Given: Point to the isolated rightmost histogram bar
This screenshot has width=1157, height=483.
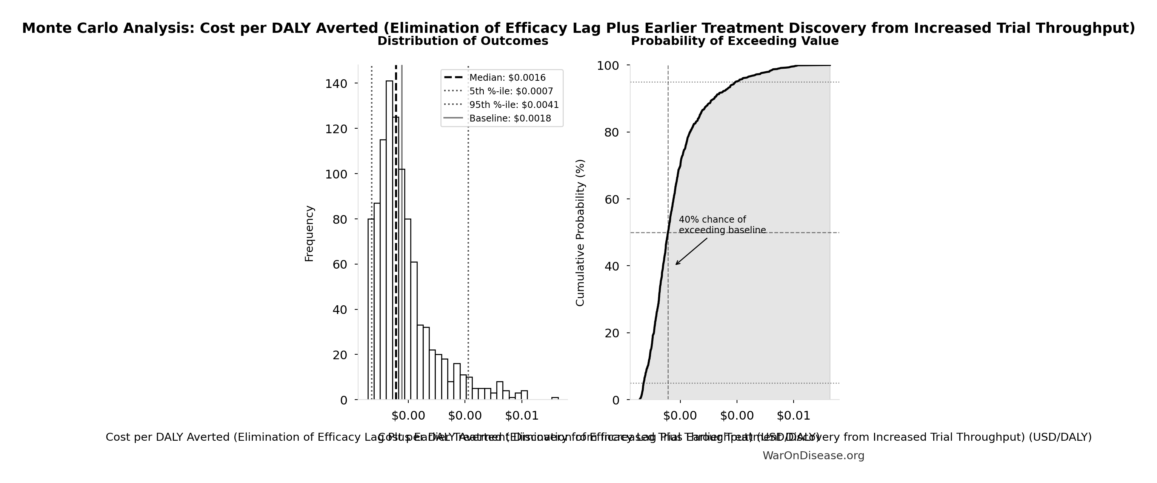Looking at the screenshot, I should point(555,398).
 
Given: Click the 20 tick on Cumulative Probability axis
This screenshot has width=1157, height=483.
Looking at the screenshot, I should point(611,333).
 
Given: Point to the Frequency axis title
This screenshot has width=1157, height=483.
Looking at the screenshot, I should point(309,234).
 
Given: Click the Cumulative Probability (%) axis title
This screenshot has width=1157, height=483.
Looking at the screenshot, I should point(580,233).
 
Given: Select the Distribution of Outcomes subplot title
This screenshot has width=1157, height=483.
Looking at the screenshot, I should point(463,41).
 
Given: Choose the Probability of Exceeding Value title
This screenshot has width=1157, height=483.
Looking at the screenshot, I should point(735,41).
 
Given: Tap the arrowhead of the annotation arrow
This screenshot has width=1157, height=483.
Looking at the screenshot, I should point(676,264).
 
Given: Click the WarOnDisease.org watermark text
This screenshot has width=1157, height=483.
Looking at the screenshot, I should point(813,455).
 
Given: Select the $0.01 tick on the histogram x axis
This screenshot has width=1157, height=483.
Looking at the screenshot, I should point(522,415).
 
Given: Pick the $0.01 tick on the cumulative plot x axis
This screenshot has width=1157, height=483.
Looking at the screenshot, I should point(793,415).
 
